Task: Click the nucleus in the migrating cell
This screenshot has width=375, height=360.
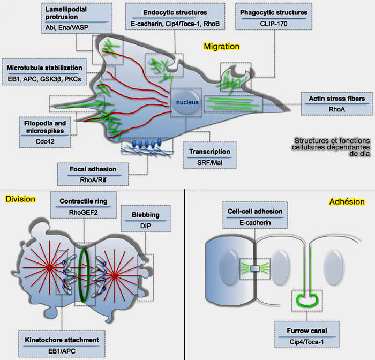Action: (186, 102)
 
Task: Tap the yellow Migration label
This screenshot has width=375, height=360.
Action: (221, 47)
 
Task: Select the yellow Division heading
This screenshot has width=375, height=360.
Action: (20, 199)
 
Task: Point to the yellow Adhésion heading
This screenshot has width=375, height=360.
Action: (347, 201)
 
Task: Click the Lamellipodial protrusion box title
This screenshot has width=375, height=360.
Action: (66, 13)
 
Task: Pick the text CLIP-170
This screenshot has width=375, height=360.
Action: (274, 24)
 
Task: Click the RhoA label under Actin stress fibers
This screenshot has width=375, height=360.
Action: (337, 109)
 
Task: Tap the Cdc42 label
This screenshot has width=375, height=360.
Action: (45, 141)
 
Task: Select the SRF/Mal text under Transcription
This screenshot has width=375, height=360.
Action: (209, 163)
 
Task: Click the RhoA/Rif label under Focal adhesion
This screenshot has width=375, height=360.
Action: (93, 180)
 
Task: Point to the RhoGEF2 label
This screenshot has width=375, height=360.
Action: (83, 213)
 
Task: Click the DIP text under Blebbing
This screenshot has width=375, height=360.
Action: (145, 226)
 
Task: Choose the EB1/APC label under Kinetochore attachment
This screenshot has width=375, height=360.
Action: (62, 351)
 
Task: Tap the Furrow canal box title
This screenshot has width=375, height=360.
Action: (307, 331)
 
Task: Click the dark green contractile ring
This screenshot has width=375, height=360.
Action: (84, 275)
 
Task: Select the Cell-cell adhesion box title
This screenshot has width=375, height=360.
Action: (255, 212)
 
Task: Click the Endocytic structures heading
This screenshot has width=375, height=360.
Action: (175, 12)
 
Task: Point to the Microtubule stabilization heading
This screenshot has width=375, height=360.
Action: (44, 68)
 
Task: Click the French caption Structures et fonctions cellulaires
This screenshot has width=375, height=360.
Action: (331, 144)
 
